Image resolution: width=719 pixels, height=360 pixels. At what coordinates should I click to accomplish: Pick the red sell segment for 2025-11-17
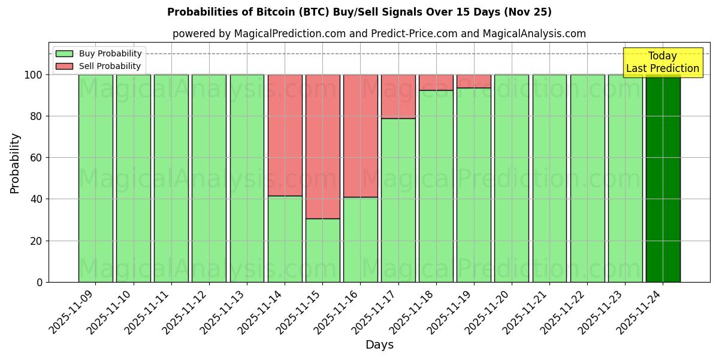pyautogui.click(x=398, y=97)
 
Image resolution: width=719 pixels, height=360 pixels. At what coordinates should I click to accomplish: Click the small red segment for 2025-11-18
pyautogui.click(x=436, y=82)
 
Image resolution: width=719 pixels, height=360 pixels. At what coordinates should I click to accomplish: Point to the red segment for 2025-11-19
pyautogui.click(x=473, y=81)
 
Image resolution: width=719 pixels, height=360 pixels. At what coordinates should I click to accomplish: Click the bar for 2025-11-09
pyautogui.click(x=95, y=178)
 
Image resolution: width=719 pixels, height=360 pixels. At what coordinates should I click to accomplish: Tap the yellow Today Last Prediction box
pyautogui.click(x=662, y=62)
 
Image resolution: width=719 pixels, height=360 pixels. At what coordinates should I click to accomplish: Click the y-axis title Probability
pyautogui.click(x=15, y=163)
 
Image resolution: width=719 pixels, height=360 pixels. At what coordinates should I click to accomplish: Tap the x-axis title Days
pyautogui.click(x=379, y=345)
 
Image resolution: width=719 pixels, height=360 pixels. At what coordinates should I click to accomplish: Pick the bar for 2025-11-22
pyautogui.click(x=587, y=178)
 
